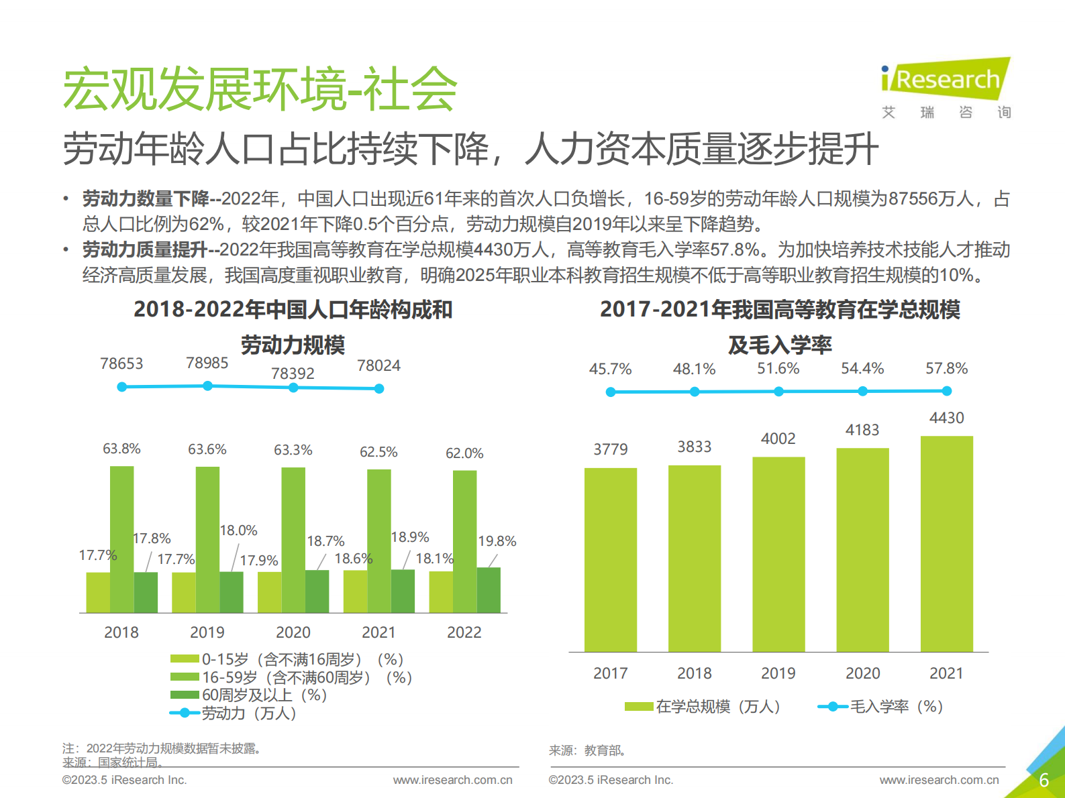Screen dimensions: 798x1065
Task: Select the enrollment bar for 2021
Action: [946, 543]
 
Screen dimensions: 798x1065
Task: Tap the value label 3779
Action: [610, 449]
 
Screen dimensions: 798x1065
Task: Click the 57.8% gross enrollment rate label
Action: [946, 368]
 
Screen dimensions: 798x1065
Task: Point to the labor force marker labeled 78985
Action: [207, 386]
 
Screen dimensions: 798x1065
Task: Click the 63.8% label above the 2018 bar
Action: [121, 449]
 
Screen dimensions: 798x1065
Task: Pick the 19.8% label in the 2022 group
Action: [497, 541]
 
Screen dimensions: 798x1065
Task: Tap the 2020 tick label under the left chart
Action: [293, 632]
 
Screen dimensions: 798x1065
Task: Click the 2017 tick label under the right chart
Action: [610, 673]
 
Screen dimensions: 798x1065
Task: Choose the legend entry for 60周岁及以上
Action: [248, 695]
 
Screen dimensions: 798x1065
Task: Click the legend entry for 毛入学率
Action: [880, 706]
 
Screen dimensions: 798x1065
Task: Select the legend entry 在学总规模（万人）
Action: [703, 706]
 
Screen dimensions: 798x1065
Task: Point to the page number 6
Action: [1044, 781]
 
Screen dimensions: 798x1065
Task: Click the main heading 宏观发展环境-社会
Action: [260, 89]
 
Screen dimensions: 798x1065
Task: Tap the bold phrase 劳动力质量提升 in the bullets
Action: [144, 250]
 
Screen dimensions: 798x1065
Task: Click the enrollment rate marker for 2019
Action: [778, 392]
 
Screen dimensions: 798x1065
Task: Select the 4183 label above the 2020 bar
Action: [862, 430]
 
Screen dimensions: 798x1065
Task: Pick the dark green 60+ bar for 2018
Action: [146, 592]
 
